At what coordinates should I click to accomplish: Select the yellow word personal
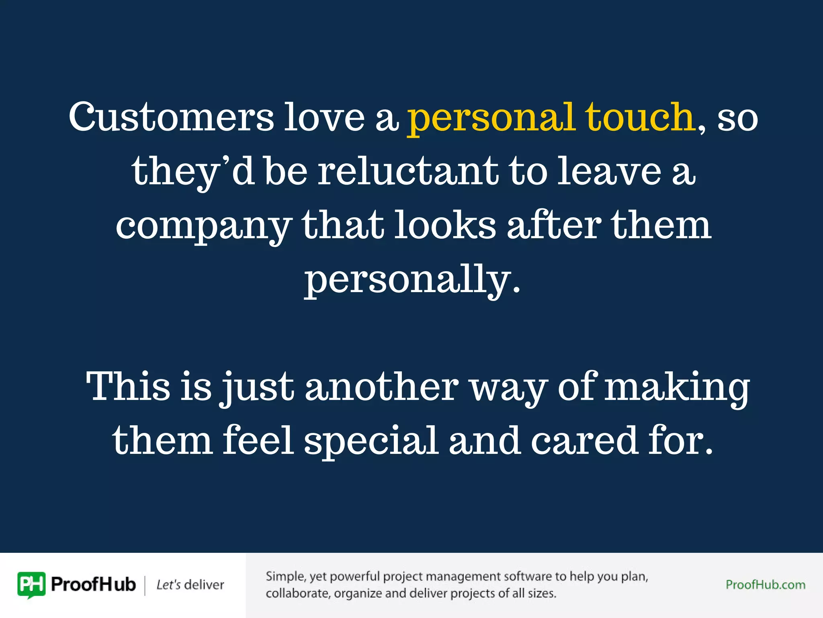click(x=491, y=119)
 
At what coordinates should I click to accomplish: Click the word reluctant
click(x=408, y=171)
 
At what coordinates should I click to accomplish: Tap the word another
click(x=382, y=387)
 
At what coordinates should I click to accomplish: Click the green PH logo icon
click(x=31, y=585)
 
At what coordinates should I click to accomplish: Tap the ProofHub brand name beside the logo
click(x=93, y=585)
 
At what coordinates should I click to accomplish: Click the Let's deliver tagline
click(x=190, y=585)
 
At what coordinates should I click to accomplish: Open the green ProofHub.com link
click(x=765, y=585)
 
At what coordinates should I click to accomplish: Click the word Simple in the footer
click(x=285, y=577)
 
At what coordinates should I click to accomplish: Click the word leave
click(x=609, y=171)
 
